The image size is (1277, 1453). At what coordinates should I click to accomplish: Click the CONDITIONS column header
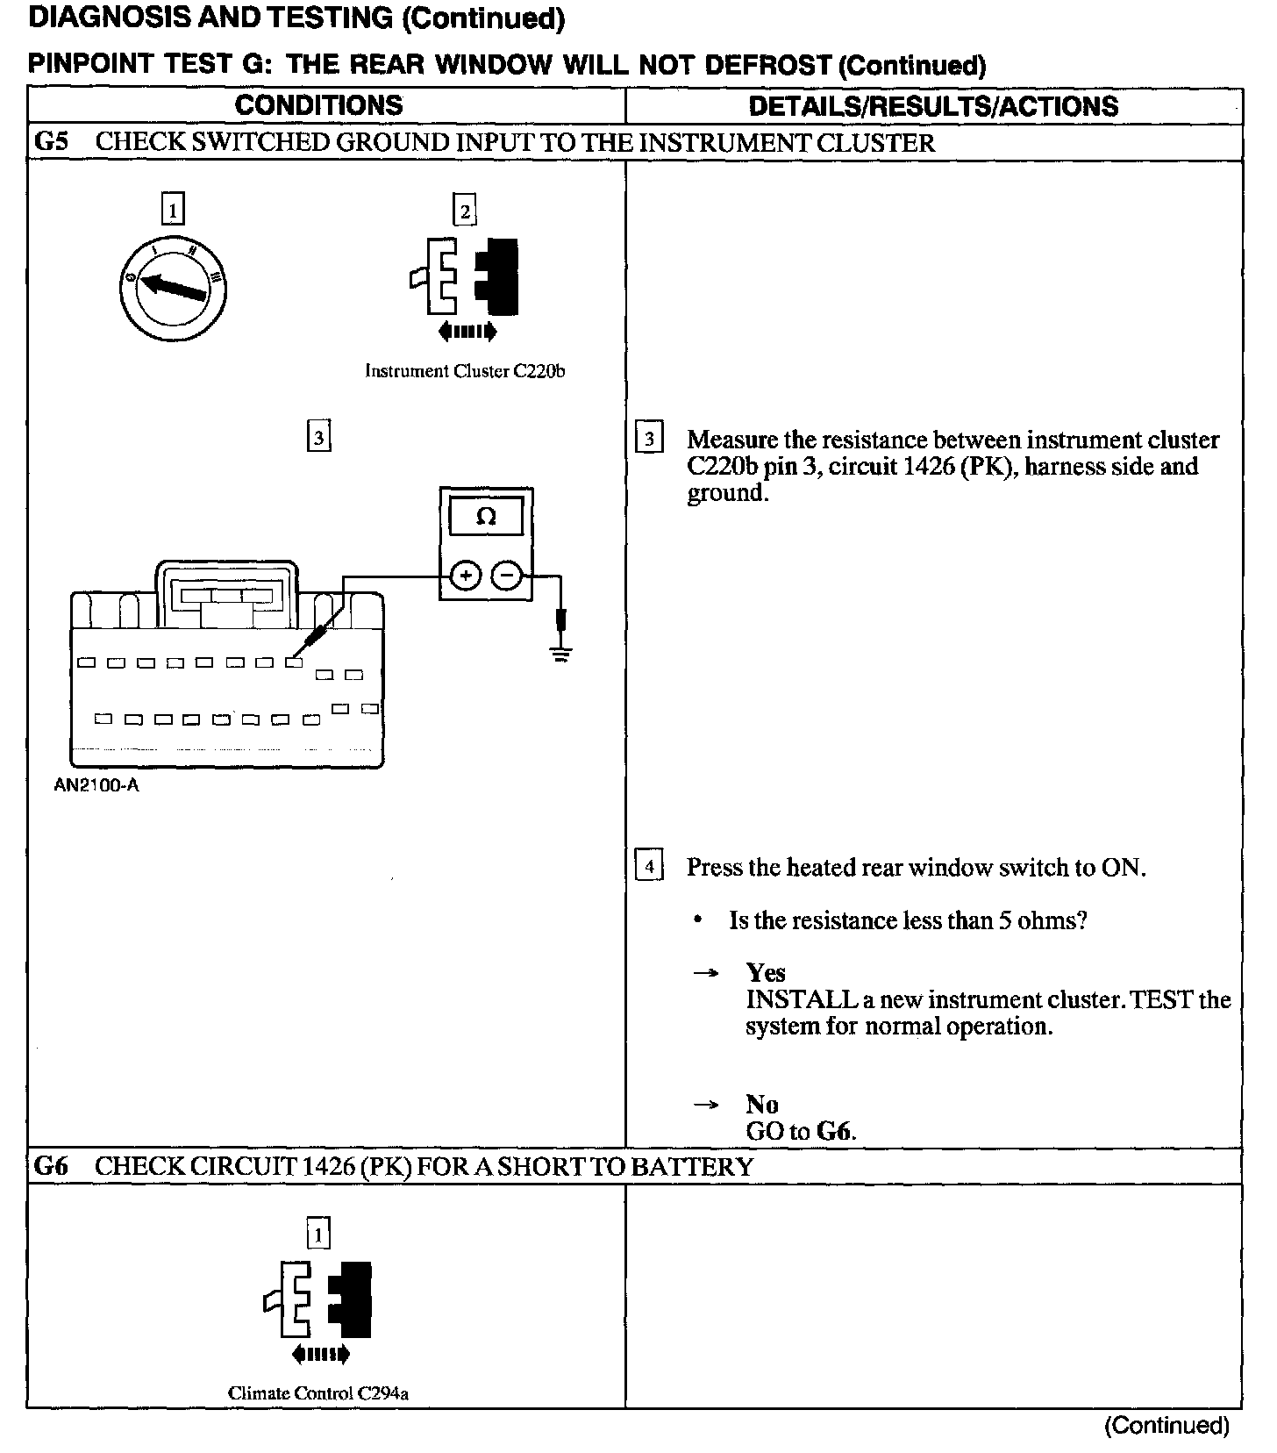click(x=318, y=105)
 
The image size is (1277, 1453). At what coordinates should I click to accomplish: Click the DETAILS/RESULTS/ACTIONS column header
click(x=933, y=106)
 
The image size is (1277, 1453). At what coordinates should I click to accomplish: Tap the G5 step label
click(x=51, y=142)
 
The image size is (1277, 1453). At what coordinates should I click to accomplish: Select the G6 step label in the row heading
click(x=51, y=1166)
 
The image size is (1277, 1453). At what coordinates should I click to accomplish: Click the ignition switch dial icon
click(x=174, y=288)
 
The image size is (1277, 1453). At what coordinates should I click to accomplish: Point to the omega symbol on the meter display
click(x=486, y=517)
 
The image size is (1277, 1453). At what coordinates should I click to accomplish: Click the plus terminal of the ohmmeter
click(x=466, y=576)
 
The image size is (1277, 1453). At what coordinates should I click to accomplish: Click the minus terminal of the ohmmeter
click(x=507, y=576)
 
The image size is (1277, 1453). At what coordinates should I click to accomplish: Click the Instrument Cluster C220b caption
click(x=465, y=371)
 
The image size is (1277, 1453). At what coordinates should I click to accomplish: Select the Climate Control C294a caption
click(x=318, y=1392)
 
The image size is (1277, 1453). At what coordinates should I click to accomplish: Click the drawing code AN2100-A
click(x=96, y=785)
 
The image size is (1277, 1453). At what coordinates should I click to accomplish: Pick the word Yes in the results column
click(x=765, y=972)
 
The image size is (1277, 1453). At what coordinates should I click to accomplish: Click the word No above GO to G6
click(x=761, y=1104)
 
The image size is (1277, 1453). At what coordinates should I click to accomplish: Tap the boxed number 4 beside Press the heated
click(x=649, y=867)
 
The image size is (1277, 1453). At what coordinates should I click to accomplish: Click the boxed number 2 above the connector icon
click(x=464, y=211)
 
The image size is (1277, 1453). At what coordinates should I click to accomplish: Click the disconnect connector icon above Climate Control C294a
click(x=318, y=1307)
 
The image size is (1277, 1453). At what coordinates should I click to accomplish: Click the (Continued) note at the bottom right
click(x=1166, y=1425)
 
